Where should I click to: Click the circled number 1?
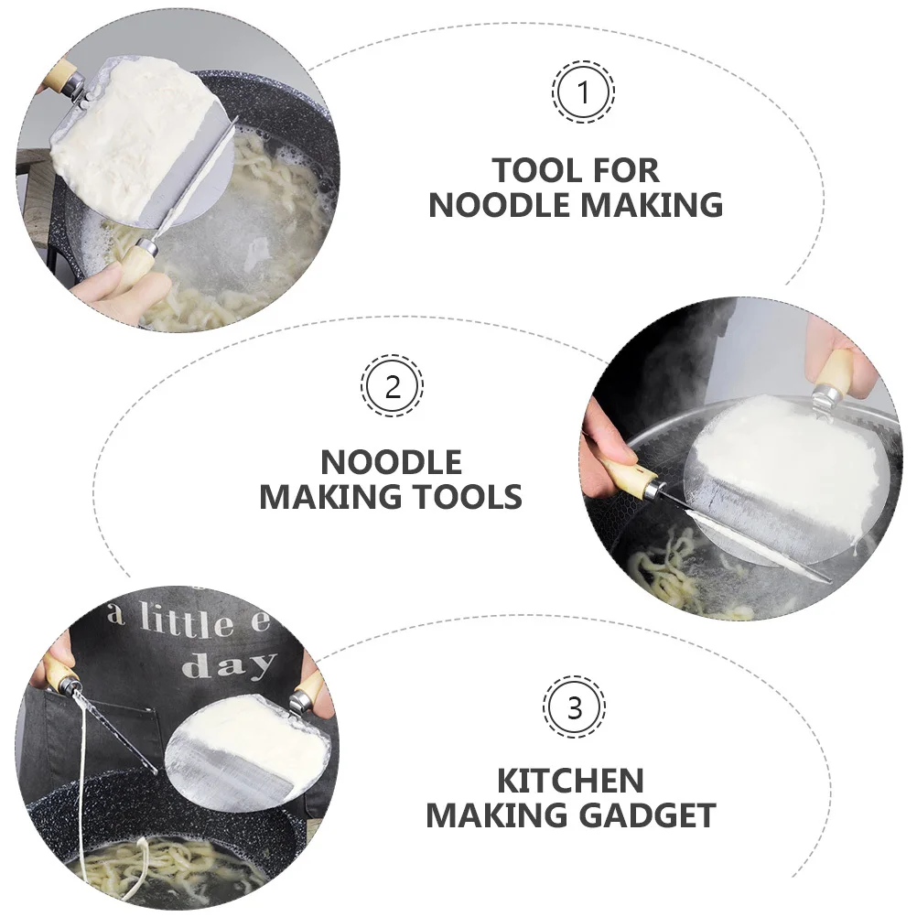tap(583, 92)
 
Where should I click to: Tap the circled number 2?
tap(392, 386)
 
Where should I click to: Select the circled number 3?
tap(574, 707)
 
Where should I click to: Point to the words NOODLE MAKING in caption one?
tap(576, 205)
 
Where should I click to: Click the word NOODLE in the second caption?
tap(391, 461)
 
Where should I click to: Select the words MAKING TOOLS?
tap(391, 497)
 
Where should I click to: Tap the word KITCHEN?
tap(570, 781)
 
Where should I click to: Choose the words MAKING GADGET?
tap(570, 815)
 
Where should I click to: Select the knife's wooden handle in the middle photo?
tap(627, 471)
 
